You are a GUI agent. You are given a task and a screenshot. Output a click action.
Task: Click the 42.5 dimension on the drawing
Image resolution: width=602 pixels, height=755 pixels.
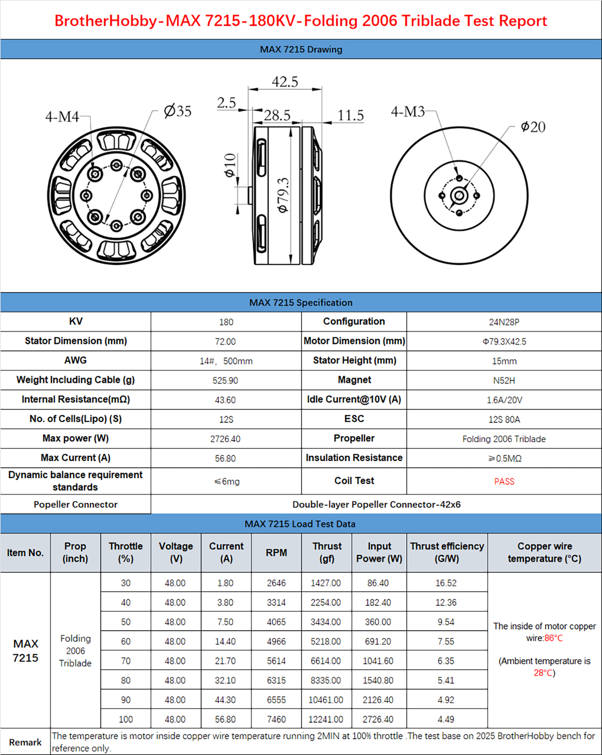(x=285, y=82)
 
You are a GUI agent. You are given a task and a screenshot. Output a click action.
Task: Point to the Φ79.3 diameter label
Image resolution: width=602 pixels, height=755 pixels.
(x=283, y=195)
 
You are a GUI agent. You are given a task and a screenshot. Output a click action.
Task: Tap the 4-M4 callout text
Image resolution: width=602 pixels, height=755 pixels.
(x=62, y=117)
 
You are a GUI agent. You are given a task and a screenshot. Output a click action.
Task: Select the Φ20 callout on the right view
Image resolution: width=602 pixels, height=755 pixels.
(x=533, y=127)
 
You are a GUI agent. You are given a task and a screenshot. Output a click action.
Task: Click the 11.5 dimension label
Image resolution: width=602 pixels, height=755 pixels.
(x=350, y=115)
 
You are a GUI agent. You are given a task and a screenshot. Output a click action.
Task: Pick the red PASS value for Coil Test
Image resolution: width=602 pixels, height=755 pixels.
(x=504, y=481)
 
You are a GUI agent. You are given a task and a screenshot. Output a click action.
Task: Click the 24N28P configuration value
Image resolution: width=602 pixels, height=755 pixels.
(x=504, y=322)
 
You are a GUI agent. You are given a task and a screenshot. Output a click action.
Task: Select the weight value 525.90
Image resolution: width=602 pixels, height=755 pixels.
(x=225, y=381)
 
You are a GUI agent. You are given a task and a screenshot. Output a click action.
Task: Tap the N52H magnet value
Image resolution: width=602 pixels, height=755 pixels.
(x=504, y=381)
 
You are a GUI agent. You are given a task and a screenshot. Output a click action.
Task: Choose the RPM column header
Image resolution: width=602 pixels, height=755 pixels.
(x=276, y=552)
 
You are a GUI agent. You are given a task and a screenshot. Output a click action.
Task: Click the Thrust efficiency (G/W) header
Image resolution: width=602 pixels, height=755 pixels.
(x=447, y=552)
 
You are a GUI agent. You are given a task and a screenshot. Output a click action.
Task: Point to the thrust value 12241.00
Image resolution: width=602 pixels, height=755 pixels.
(x=326, y=719)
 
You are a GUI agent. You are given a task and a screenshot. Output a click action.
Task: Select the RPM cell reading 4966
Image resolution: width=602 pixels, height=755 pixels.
(x=276, y=641)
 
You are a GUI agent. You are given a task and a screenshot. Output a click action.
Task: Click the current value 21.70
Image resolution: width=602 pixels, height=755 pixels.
(x=225, y=661)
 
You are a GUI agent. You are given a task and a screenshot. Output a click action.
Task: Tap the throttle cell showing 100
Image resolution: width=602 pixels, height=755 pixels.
(x=125, y=719)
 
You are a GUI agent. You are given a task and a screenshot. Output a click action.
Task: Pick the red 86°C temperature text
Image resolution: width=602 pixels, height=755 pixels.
(x=553, y=638)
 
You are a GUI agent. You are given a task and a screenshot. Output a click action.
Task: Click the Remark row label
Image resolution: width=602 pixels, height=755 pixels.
(x=25, y=742)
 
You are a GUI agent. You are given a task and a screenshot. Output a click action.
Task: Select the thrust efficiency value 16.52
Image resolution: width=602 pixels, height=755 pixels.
(x=446, y=583)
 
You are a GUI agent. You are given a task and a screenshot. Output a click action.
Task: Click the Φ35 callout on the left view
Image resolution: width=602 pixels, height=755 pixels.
(x=178, y=111)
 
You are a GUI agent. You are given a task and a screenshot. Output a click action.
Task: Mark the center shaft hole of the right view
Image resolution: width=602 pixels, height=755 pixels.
(x=459, y=196)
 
